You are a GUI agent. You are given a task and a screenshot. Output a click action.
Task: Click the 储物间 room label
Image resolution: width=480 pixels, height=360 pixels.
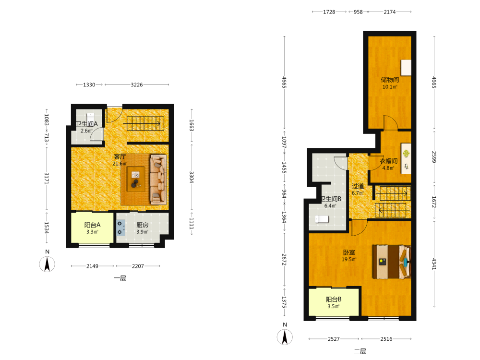pos(390,80)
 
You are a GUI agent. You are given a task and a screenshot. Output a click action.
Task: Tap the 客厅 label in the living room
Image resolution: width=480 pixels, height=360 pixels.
pos(120,156)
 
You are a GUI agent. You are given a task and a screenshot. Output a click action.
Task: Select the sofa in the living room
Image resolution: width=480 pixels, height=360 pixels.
pos(158,180)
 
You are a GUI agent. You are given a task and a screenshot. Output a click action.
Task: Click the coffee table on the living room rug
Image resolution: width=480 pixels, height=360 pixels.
pos(136,179)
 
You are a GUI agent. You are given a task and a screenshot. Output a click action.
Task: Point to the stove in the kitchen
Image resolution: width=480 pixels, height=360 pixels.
pos(120,228)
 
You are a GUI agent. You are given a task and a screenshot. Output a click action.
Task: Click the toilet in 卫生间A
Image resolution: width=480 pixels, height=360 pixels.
pos(90,117)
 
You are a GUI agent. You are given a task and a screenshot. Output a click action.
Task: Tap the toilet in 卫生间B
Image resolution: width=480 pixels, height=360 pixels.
pos(322,219)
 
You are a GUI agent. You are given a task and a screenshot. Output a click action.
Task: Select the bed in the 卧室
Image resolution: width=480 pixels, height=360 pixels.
pos(392,262)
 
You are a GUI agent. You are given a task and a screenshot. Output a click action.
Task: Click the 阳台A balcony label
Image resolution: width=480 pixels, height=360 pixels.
pos(92,225)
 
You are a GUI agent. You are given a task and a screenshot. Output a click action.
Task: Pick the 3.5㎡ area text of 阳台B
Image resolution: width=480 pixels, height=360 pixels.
pos(334,306)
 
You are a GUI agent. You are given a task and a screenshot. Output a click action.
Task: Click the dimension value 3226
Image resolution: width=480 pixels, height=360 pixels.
pos(136,85)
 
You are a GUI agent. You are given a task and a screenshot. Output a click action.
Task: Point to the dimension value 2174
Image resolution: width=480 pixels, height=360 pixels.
pos(390,12)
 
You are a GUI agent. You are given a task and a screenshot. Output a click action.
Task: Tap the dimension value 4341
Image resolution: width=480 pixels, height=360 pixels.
pos(434,264)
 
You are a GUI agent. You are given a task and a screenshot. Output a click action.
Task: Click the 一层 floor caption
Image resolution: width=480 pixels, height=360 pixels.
pos(120,278)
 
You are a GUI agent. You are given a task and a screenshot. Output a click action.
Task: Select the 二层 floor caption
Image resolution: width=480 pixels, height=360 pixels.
pos(360,351)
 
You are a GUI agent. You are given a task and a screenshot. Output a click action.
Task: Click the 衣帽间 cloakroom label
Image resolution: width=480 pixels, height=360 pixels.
pos(388,161)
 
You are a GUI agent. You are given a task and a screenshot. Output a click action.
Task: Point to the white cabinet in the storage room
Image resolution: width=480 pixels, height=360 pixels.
pos(406,68)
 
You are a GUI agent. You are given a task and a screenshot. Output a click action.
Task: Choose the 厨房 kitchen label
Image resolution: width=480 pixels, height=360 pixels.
pos(143,225)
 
